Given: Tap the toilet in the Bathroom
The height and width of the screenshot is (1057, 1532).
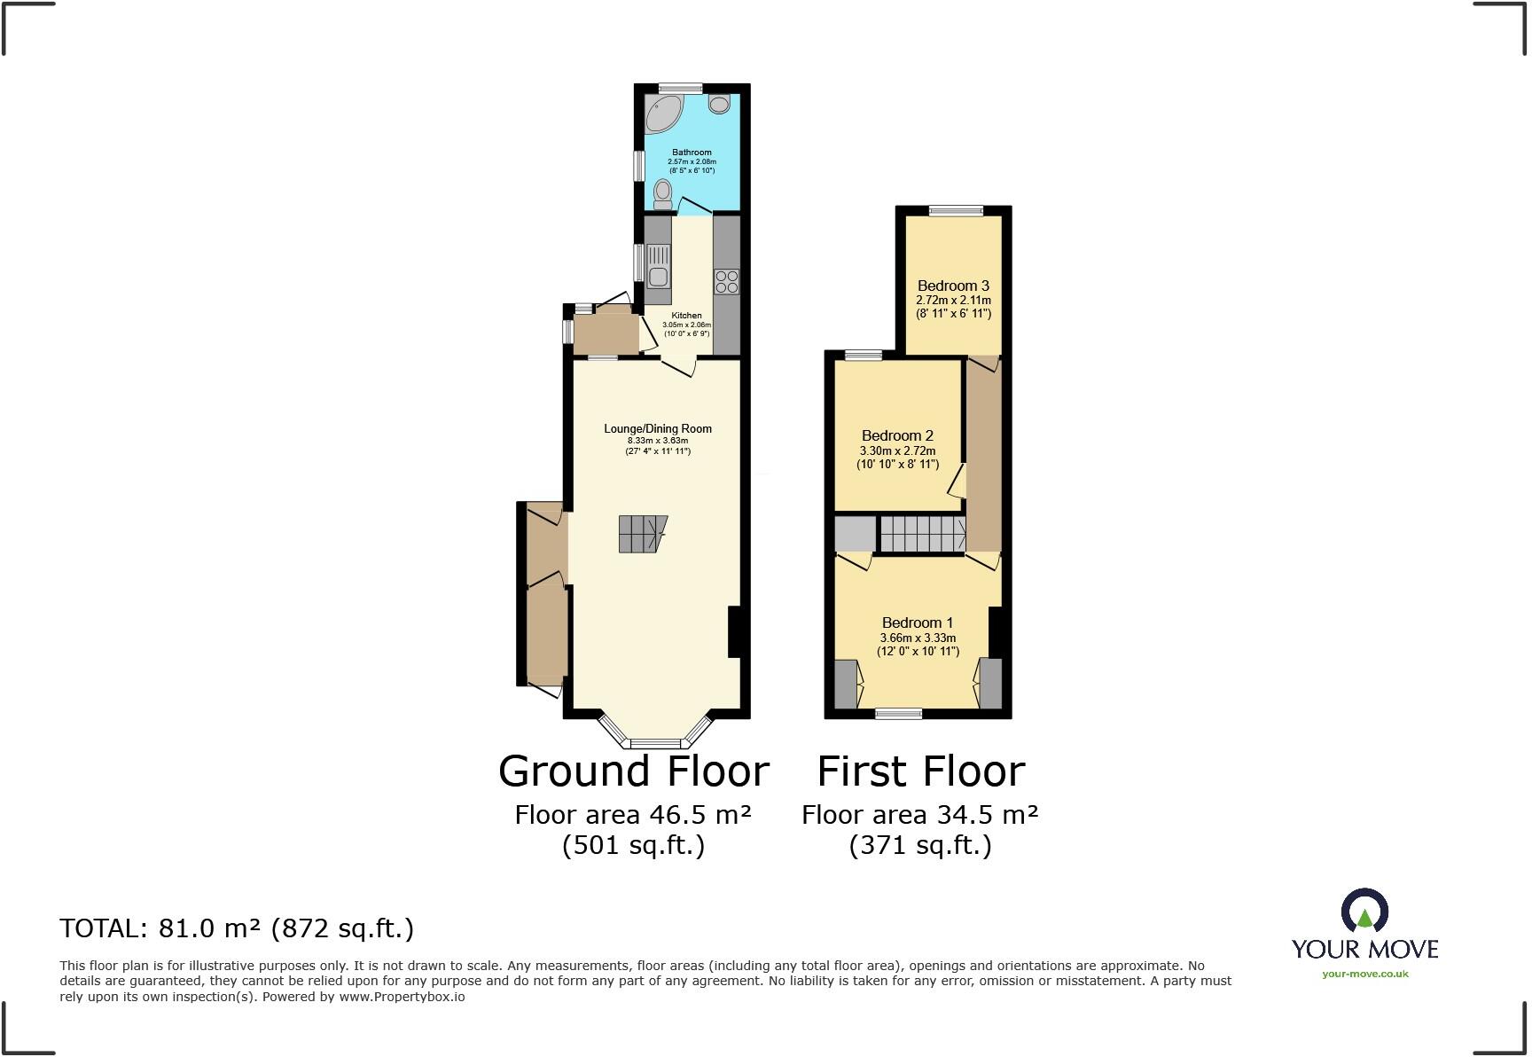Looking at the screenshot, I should pyautogui.click(x=662, y=192).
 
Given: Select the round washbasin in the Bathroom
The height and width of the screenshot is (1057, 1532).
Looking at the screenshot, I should pyautogui.click(x=719, y=104).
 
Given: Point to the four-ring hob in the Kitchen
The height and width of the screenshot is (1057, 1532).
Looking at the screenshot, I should pyautogui.click(x=726, y=281).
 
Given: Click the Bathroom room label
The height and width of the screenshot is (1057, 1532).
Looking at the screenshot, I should pyautogui.click(x=692, y=153).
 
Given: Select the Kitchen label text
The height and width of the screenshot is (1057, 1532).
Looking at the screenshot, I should pyautogui.click(x=686, y=316).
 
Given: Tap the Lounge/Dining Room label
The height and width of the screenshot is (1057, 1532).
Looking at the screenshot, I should pyautogui.click(x=658, y=429).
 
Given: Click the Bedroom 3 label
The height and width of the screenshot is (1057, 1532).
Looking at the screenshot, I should pyautogui.click(x=953, y=286).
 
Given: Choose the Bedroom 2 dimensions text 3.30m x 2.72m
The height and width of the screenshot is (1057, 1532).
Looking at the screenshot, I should pyautogui.click(x=897, y=451).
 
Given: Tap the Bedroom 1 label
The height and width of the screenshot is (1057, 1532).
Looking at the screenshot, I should pyautogui.click(x=918, y=622).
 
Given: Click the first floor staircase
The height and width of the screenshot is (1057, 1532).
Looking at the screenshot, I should pyautogui.click(x=922, y=535).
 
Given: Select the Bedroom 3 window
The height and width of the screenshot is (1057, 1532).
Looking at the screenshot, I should pyautogui.click(x=956, y=211).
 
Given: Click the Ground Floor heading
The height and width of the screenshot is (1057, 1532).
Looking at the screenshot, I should pyautogui.click(x=633, y=771).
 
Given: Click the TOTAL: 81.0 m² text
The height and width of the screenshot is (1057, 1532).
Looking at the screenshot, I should pyautogui.click(x=237, y=928).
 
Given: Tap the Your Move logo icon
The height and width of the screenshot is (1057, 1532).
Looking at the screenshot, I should pyautogui.click(x=1364, y=912).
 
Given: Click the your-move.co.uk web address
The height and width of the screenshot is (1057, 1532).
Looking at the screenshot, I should pyautogui.click(x=1364, y=974).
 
